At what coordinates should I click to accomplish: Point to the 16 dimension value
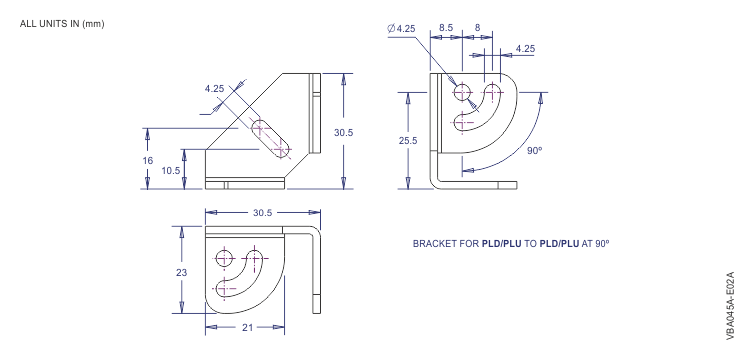[148, 159]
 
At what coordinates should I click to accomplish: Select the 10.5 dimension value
[171, 170]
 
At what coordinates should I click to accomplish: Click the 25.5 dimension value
[408, 141]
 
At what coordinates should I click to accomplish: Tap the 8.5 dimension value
[446, 29]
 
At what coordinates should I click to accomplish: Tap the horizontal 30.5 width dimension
[264, 212]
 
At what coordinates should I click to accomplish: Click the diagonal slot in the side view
[270, 139]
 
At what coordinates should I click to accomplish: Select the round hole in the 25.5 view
[463, 93]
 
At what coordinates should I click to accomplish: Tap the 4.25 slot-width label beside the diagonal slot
[214, 88]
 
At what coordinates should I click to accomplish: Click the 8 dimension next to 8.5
[478, 29]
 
